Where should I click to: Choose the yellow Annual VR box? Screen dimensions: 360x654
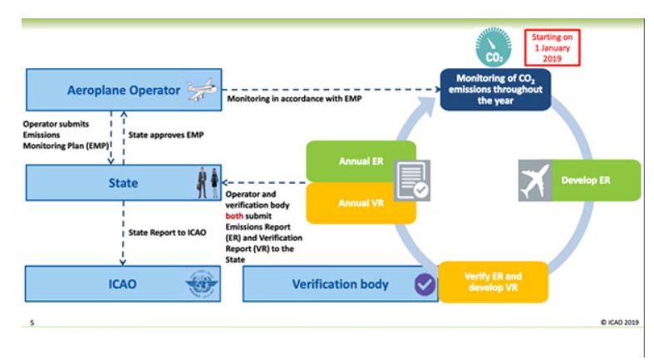(x=349, y=202)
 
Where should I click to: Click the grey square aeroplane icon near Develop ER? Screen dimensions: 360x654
(x=534, y=180)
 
